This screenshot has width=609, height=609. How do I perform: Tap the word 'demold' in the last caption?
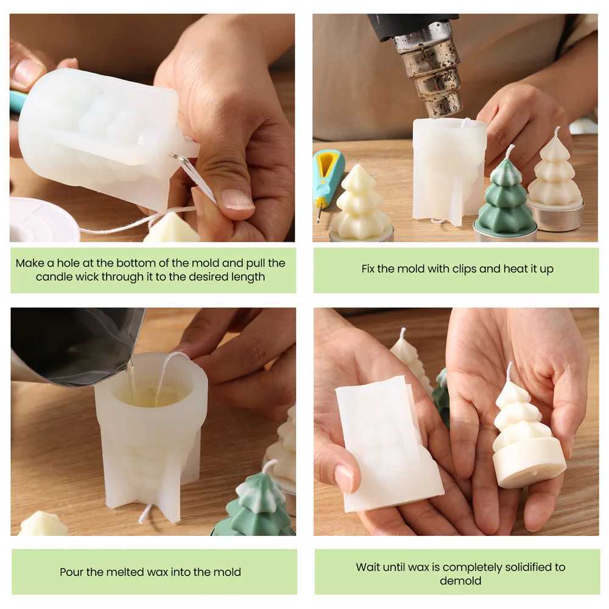(460, 580)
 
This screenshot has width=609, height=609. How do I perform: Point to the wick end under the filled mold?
(144, 514)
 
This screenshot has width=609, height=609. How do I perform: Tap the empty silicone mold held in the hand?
(389, 443)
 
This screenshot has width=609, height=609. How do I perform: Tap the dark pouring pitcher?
(74, 346)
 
